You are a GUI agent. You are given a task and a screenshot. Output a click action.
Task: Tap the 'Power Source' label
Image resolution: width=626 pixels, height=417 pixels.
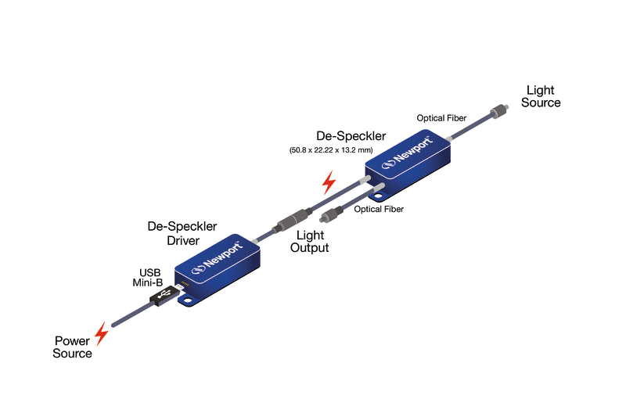coord(73,347)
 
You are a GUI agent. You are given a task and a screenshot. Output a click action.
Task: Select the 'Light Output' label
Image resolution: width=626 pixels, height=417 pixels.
coord(310,241)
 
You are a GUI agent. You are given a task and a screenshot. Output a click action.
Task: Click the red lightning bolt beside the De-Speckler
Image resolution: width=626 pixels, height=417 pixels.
coord(329,184)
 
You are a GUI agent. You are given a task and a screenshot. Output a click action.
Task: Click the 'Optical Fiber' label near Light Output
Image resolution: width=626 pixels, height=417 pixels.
coord(379,209)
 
